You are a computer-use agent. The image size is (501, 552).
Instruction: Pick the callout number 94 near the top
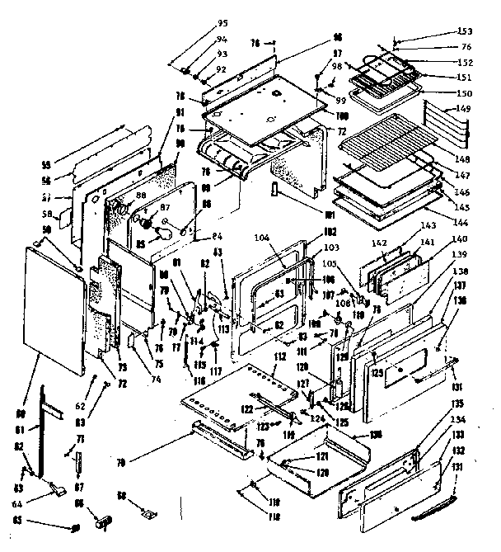199,40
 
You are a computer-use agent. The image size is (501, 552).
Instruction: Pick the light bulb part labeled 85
167,234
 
